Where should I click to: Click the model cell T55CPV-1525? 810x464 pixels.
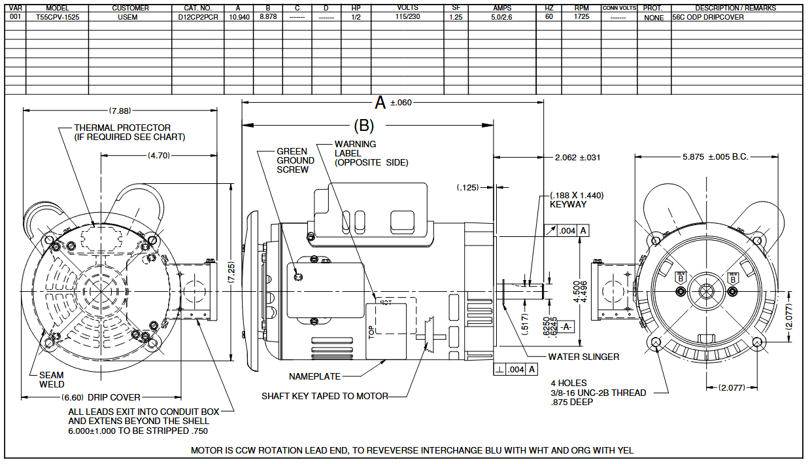coord(58,17)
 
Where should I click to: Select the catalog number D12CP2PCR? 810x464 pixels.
coord(198,17)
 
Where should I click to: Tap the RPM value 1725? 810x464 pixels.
coord(581,16)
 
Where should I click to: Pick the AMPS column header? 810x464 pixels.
coord(502,8)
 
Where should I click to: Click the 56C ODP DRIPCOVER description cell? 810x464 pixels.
coord(708,17)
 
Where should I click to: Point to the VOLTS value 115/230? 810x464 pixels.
coord(407,16)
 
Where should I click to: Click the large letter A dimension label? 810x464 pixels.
coord(380,103)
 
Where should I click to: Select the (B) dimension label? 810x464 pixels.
coord(363,126)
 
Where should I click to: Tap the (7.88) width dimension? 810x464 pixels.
coord(120,111)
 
